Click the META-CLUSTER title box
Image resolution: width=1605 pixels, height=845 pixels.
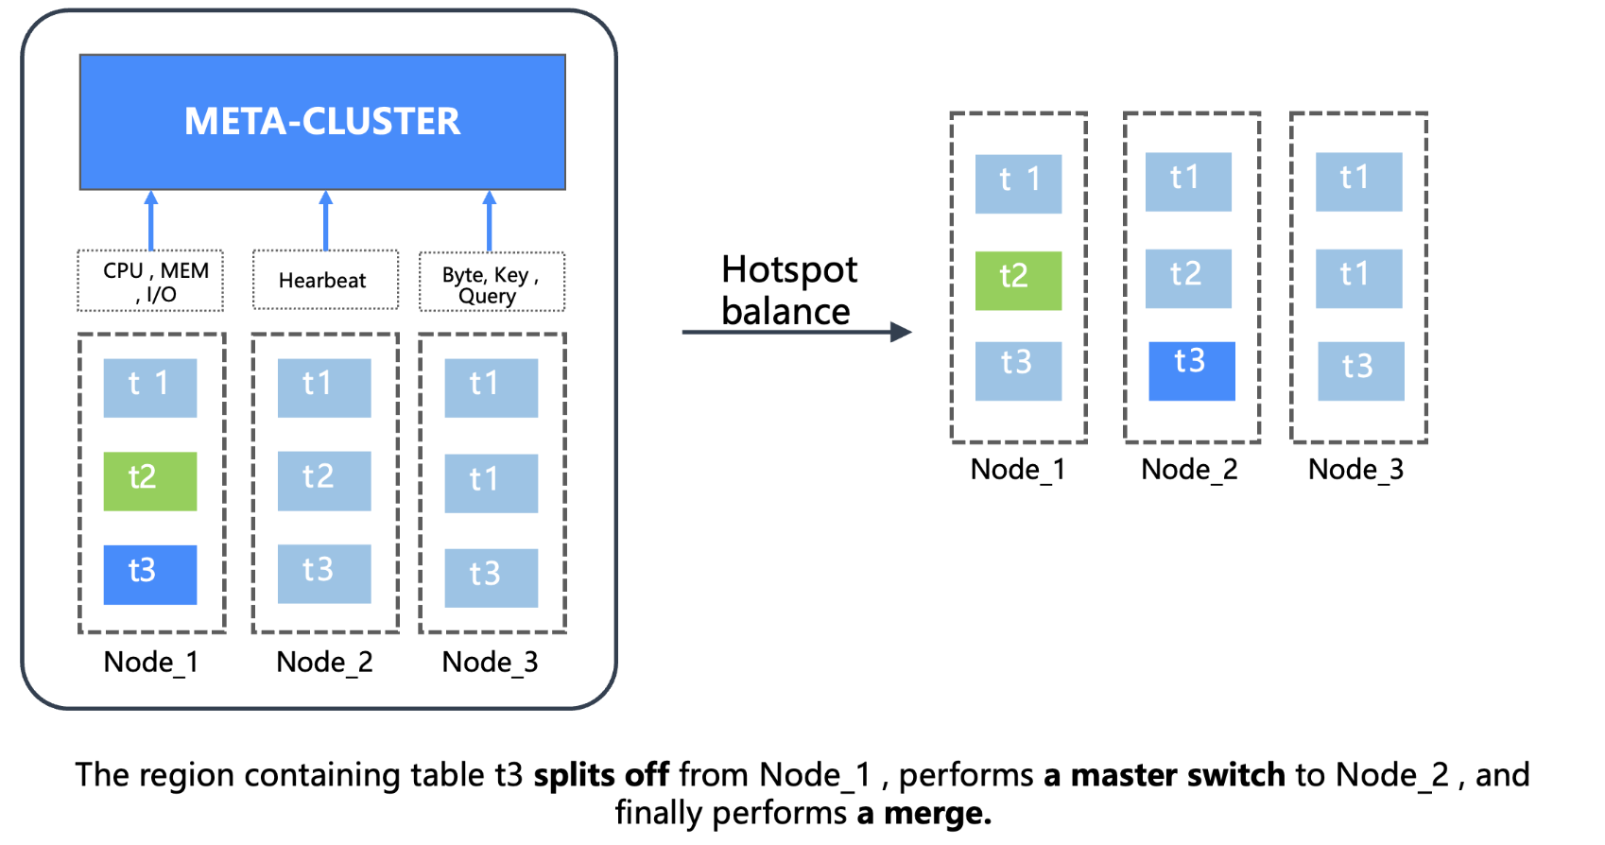click(x=322, y=122)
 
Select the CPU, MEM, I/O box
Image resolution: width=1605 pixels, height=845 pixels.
click(x=150, y=281)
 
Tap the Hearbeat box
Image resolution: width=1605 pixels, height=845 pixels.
click(x=325, y=280)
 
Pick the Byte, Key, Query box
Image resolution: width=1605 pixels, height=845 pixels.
click(x=492, y=282)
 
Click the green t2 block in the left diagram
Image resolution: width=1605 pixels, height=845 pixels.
click(x=150, y=481)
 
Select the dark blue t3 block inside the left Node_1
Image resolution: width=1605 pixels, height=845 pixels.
click(x=150, y=575)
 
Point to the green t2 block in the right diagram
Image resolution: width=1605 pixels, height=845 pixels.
click(x=1018, y=281)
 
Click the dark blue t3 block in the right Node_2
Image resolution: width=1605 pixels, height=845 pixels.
click(x=1191, y=371)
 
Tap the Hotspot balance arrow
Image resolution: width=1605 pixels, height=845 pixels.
click(x=796, y=332)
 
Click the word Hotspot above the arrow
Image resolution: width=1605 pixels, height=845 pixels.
click(x=789, y=270)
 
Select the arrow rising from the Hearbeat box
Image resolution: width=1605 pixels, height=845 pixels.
click(x=326, y=220)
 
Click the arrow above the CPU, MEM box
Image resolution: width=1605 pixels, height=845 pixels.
click(x=151, y=220)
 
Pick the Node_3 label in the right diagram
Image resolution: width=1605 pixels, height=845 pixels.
click(x=1355, y=469)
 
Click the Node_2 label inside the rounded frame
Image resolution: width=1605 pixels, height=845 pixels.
click(x=324, y=662)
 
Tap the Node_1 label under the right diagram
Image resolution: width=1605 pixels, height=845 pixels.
click(x=1018, y=469)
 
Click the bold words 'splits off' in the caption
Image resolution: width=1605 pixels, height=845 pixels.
click(x=601, y=775)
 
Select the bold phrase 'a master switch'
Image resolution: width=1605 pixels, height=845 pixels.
click(x=1164, y=775)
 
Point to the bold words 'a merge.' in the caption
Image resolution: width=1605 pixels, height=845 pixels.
click(x=923, y=813)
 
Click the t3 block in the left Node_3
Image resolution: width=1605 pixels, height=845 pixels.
click(x=492, y=578)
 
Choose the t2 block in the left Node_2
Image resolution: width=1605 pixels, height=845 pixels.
click(x=324, y=481)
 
